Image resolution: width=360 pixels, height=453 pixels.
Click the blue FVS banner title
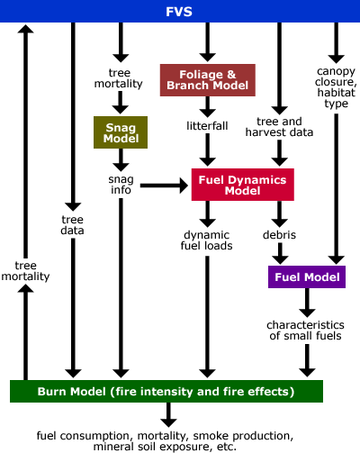(179, 12)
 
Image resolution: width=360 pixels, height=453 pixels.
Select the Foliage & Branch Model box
(208, 80)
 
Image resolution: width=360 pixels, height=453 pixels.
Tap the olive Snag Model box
(121, 132)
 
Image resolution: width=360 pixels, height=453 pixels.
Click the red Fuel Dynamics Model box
(243, 185)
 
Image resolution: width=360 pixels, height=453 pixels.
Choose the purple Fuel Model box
(307, 276)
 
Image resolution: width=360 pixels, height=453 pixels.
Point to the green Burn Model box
(166, 391)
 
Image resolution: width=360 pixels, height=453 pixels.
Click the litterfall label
(207, 126)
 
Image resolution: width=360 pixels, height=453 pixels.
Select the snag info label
(121, 185)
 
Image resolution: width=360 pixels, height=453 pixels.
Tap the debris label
(279, 235)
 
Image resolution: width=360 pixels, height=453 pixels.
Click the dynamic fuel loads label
(207, 240)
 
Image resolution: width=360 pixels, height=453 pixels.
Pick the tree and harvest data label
(279, 127)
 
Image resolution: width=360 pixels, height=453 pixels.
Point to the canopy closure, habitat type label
(336, 87)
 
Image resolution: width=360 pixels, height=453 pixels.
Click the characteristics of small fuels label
(305, 331)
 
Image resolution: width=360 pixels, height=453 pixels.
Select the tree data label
(72, 225)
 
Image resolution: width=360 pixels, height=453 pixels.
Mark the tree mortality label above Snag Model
(119, 78)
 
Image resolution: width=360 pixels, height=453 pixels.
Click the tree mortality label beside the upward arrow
(25, 271)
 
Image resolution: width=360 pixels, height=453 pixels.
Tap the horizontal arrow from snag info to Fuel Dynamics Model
(165, 186)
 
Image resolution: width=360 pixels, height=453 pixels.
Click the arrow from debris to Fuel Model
(280, 254)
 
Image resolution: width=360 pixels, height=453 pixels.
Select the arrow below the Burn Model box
(168, 415)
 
